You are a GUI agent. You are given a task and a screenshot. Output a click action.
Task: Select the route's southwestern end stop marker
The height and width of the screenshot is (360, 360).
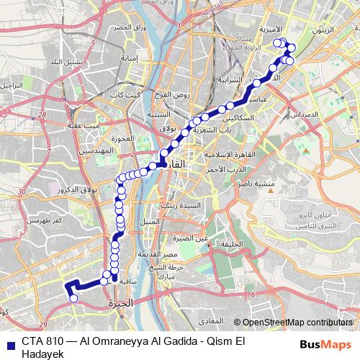pos(73,298)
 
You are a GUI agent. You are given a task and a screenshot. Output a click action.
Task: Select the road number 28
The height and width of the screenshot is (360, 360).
pos(42,114)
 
